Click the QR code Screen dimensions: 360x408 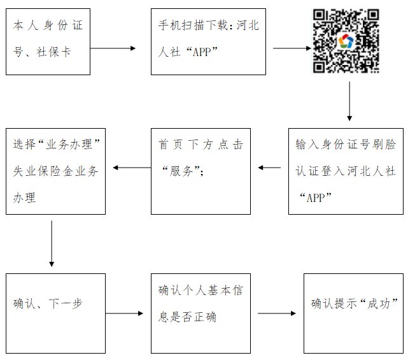347,41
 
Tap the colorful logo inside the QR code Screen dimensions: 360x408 347,42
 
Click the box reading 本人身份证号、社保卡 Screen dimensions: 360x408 55,42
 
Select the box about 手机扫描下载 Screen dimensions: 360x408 208,42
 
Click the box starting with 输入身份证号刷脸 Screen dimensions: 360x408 346,170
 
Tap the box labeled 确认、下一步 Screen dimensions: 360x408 55,313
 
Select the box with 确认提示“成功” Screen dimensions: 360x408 353,313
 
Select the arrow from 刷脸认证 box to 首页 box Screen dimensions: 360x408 269,168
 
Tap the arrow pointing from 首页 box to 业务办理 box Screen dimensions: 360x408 131,168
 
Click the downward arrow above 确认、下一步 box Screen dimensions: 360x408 52,243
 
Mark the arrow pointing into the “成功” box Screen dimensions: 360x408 277,313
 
